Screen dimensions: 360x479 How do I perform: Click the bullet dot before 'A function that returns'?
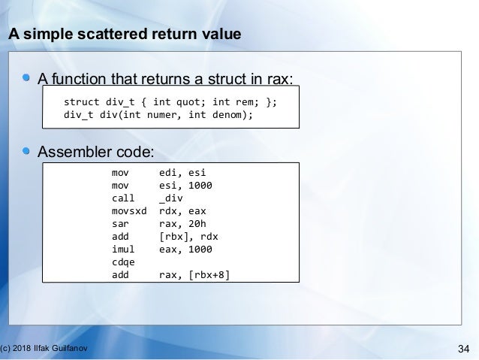[x=27, y=79]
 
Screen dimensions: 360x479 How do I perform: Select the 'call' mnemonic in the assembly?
[x=121, y=198]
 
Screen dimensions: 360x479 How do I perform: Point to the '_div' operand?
[x=171, y=198]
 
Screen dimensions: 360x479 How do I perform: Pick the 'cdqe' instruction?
[x=121, y=262]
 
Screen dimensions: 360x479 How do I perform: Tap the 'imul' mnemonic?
[x=121, y=249]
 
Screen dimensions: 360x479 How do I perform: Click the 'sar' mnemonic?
[x=119, y=223]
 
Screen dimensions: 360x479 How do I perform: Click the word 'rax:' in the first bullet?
[x=279, y=80]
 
